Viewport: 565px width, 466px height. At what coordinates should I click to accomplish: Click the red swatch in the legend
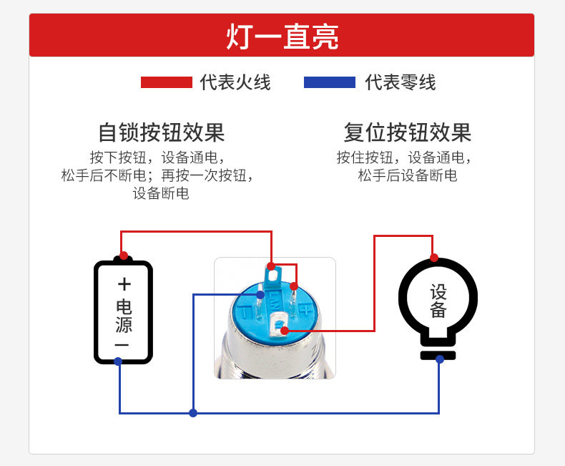167,82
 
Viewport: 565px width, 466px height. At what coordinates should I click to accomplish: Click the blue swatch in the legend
329,82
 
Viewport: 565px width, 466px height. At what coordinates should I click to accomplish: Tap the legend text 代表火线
235,82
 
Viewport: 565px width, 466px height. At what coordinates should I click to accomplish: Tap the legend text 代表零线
401,82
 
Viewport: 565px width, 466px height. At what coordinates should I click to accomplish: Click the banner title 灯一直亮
282,37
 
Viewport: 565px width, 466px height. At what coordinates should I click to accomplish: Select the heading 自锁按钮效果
162,132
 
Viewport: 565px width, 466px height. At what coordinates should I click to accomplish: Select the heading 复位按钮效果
408,132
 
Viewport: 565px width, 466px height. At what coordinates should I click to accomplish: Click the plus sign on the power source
124,283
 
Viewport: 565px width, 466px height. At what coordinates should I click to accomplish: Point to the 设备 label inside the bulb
438,301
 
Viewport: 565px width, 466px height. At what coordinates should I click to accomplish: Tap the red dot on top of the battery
123,256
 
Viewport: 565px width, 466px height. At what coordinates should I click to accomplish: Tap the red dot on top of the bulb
433,258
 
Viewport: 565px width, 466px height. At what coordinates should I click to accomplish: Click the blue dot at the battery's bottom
119,361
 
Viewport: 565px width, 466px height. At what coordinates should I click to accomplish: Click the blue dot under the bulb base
439,359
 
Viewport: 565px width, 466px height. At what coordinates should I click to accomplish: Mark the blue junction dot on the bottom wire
193,413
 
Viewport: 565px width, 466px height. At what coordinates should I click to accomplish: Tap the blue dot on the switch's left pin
261,294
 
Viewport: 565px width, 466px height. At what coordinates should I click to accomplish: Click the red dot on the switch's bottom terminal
284,330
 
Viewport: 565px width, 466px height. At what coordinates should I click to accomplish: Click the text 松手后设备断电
408,175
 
